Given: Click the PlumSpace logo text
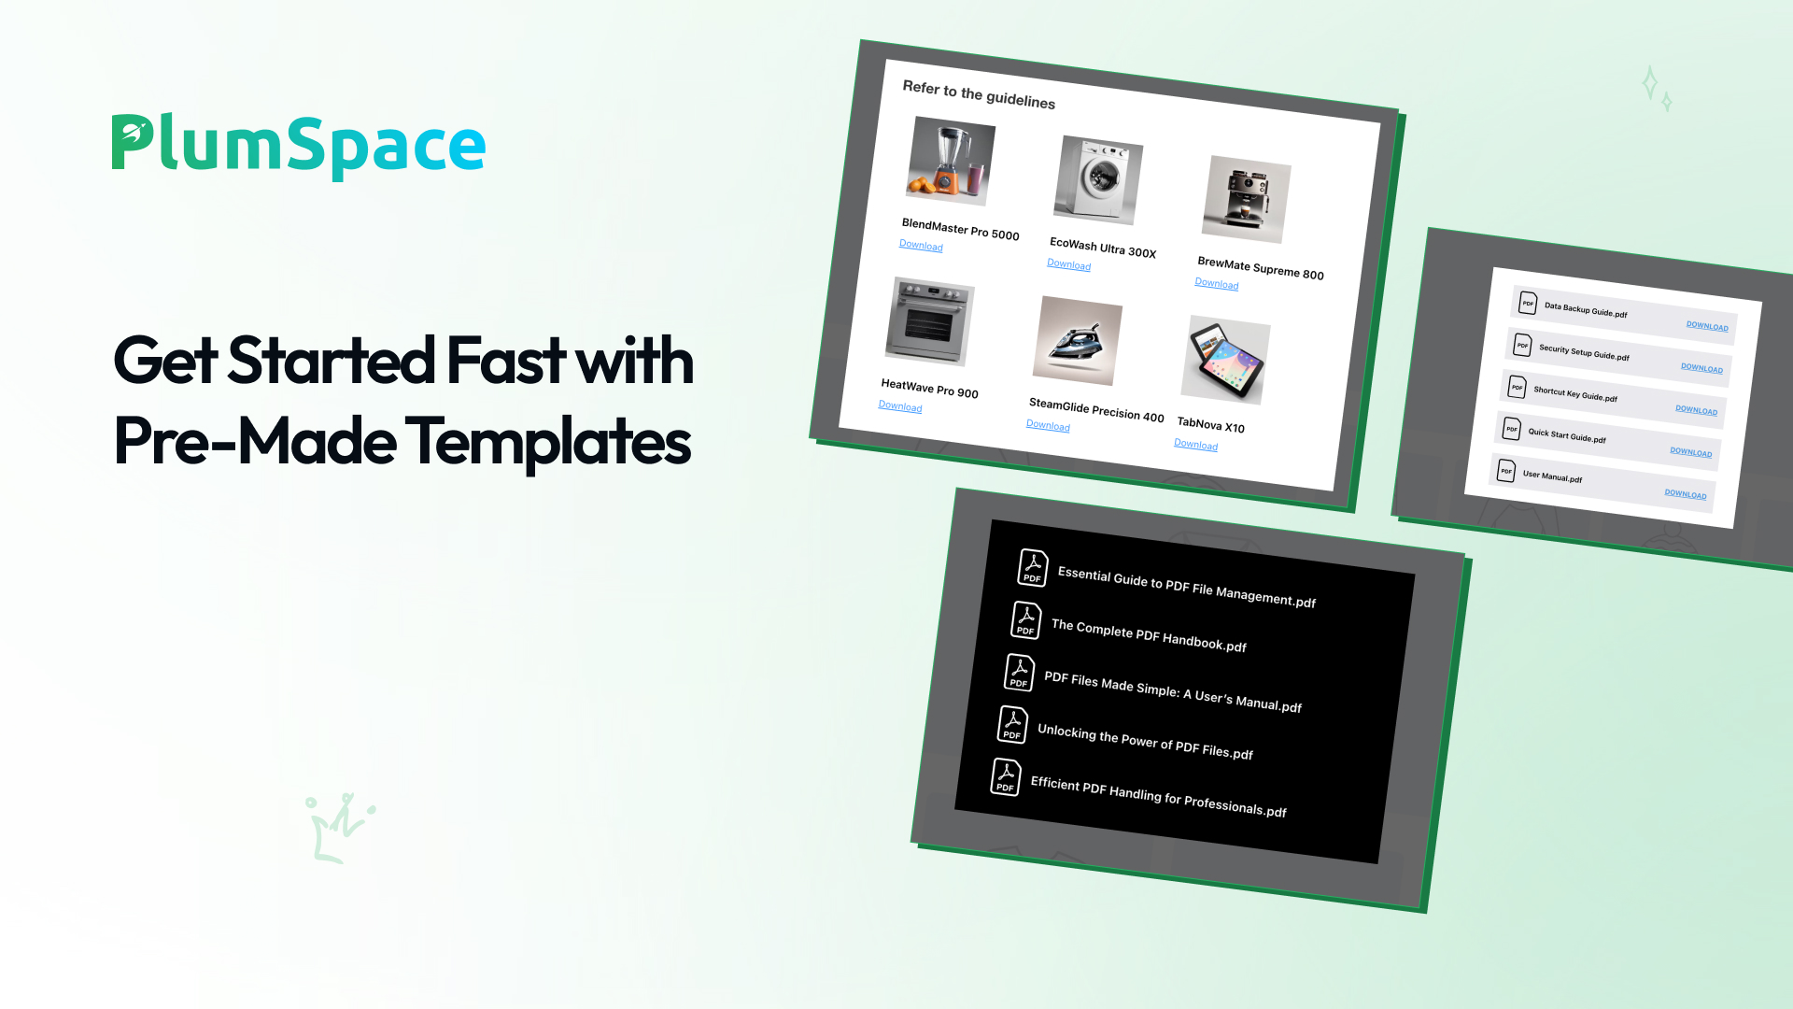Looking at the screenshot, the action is [x=299, y=146].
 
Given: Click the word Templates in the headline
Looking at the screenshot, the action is [x=548, y=442].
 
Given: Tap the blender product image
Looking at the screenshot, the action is [x=951, y=161].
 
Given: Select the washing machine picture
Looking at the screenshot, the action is [x=1098, y=180].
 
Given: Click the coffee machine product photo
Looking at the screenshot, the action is [x=1247, y=199].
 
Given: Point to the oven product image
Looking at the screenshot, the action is [x=930, y=320].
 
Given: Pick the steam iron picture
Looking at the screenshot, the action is [x=1078, y=340].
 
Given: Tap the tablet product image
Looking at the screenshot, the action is [x=1226, y=360].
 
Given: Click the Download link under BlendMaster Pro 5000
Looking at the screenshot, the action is [x=921, y=246].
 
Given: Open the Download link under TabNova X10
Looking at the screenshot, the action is [x=1196, y=445].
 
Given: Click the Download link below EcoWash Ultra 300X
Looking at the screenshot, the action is [x=1069, y=264].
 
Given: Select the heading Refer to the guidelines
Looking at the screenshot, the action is [x=979, y=94].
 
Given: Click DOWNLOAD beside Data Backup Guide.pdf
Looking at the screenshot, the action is [x=1707, y=326].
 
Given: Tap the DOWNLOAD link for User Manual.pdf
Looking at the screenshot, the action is [x=1686, y=494].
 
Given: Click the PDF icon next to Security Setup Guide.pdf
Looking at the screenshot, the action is [x=1522, y=345].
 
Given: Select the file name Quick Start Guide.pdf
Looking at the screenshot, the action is [x=1567, y=435].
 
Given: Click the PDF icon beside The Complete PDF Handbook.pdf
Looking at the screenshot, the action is [x=1026, y=619].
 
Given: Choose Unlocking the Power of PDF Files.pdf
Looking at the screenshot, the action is [x=1145, y=742].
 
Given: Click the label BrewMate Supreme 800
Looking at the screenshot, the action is [x=1261, y=268].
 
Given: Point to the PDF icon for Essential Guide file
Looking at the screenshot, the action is [x=1033, y=567].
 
